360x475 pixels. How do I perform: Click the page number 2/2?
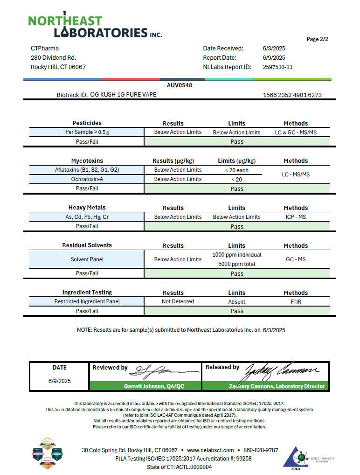pos(317,39)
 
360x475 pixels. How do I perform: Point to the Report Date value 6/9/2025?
pos(274,58)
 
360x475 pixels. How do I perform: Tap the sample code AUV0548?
pos(180,85)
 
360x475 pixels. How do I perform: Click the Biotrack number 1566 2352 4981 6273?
pos(292,95)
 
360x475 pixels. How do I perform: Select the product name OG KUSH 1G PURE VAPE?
pos(123,95)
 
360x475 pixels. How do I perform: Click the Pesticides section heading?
pos(87,123)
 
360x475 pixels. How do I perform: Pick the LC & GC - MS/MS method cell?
pos(296,133)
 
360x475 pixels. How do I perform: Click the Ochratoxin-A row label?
pos(87,179)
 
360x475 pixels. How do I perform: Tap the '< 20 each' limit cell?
pos(236,170)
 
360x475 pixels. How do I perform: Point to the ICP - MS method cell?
pos(296,217)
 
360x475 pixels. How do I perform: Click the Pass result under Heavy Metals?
pos(236,226)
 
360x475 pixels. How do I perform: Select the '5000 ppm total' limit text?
pos(236,264)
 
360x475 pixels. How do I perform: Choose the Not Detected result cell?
pos(178,301)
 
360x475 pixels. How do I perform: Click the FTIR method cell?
pos(296,301)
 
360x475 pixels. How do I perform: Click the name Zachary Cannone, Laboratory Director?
pos(277,386)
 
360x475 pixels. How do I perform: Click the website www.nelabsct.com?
pos(210,450)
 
